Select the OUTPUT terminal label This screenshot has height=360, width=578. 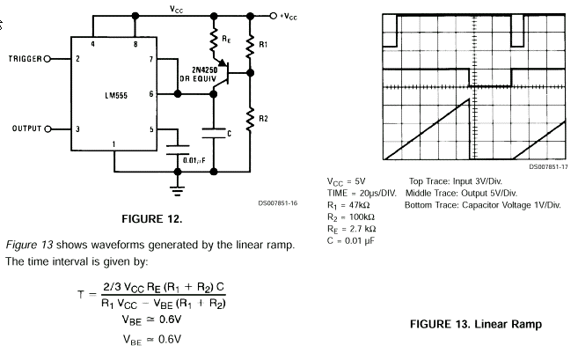coord(28,128)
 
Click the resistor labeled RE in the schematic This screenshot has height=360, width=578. coord(212,40)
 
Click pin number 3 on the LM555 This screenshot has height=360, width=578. coord(78,129)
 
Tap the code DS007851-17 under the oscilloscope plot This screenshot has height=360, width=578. coord(548,166)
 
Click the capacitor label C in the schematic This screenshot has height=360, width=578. coord(228,134)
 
